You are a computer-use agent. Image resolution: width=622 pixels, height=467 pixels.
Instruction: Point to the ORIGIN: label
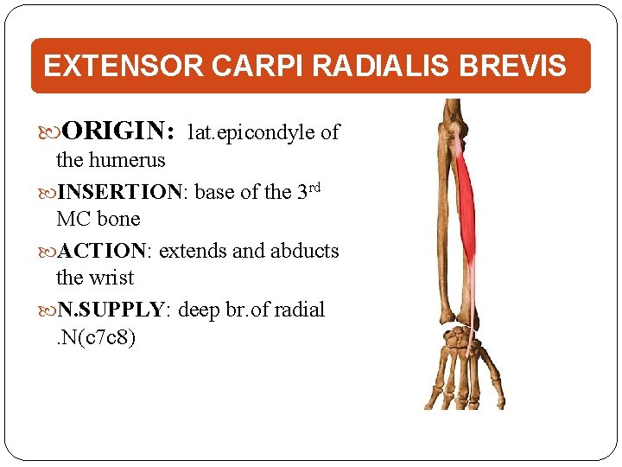click(119, 132)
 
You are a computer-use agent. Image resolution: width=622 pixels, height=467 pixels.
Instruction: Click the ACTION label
click(103, 251)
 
